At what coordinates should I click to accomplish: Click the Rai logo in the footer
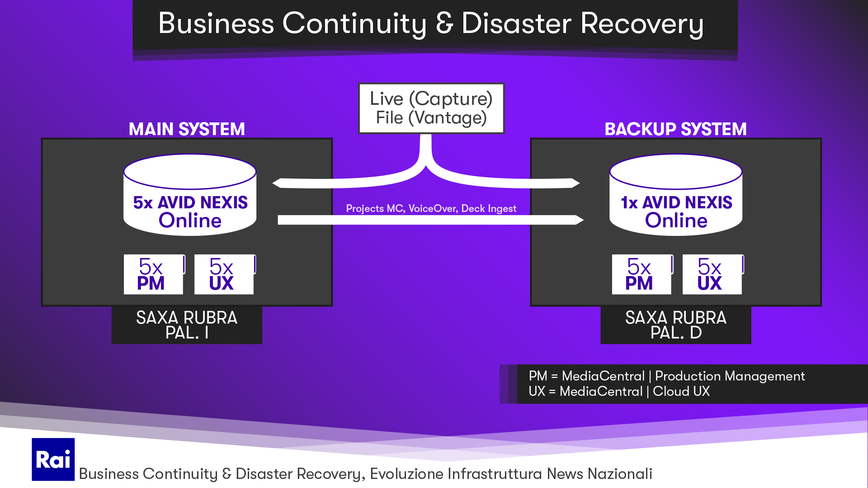click(53, 459)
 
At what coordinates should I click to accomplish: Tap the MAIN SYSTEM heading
click(187, 129)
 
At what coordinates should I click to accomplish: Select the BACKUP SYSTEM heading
click(675, 129)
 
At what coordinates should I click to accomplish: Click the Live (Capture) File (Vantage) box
click(431, 108)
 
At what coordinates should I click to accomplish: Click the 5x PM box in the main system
click(153, 274)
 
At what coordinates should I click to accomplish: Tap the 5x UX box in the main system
click(224, 274)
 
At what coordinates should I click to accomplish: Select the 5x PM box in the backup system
click(642, 274)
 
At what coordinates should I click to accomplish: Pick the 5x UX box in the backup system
click(712, 274)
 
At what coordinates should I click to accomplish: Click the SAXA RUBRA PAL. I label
click(187, 325)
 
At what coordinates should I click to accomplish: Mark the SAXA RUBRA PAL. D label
click(675, 325)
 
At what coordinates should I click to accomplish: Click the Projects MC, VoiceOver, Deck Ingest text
click(431, 208)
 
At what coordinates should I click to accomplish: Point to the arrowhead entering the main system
click(276, 183)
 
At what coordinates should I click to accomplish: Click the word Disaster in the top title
click(516, 23)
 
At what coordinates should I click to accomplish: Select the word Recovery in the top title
click(642, 23)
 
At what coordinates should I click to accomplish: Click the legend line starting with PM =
click(666, 376)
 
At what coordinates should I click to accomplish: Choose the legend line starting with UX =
click(619, 391)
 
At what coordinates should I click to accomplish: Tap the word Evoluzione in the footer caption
click(406, 474)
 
